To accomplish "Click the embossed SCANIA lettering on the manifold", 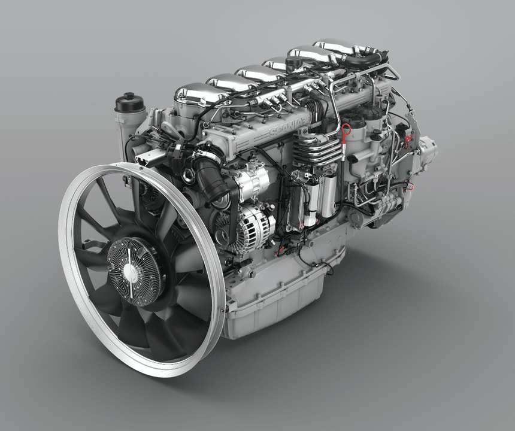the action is pos(286,127).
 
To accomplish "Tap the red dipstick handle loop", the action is pos(346,129).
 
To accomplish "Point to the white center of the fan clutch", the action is pos(130,271).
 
